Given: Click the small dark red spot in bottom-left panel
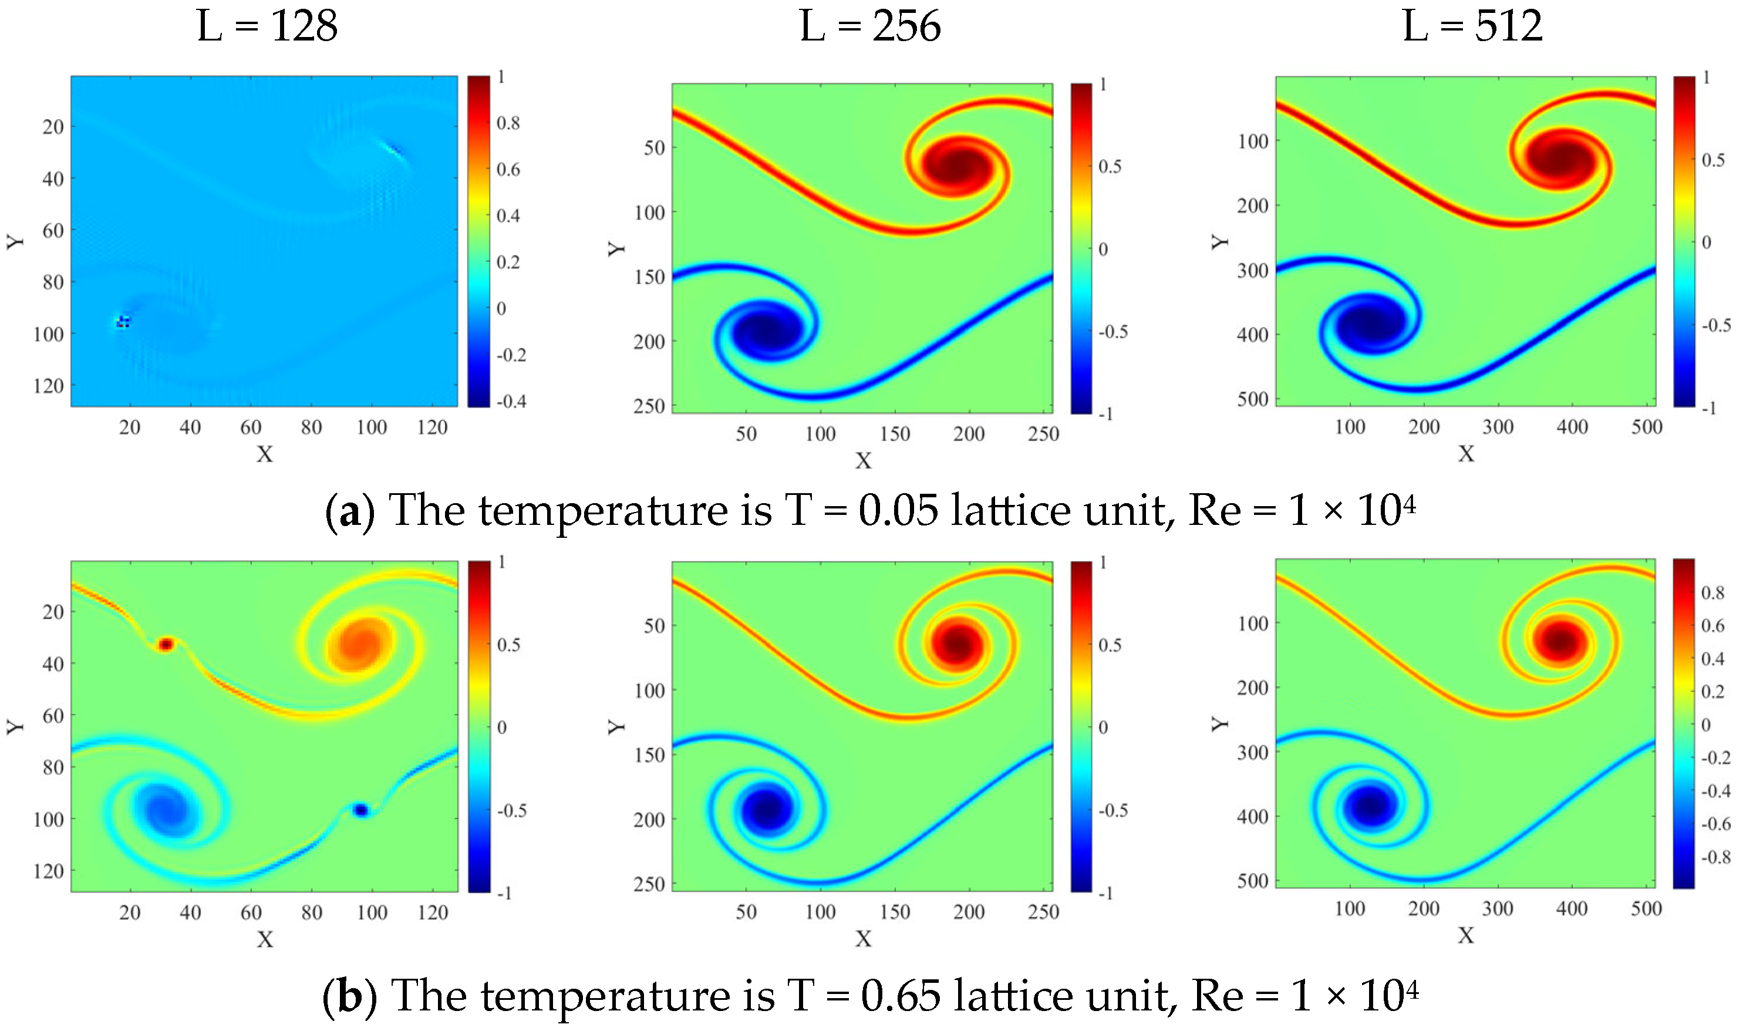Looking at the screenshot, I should pyautogui.click(x=166, y=645).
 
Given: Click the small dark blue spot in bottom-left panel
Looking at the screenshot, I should pyautogui.click(x=360, y=810).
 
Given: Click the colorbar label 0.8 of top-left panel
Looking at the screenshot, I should pyautogui.click(x=508, y=123).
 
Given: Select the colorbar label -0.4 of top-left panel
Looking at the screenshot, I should pyautogui.click(x=511, y=401).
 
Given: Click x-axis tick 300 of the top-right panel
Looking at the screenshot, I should pyautogui.click(x=1498, y=427).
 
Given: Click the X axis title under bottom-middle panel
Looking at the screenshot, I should pyautogui.click(x=863, y=939).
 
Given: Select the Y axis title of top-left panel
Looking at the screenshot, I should pyautogui.click(x=15, y=241).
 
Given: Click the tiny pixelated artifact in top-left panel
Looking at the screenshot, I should pyautogui.click(x=122, y=322).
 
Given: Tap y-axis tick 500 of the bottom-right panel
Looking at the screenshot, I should pyautogui.click(x=1253, y=881).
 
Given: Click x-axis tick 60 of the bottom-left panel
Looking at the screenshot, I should pyautogui.click(x=251, y=912).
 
